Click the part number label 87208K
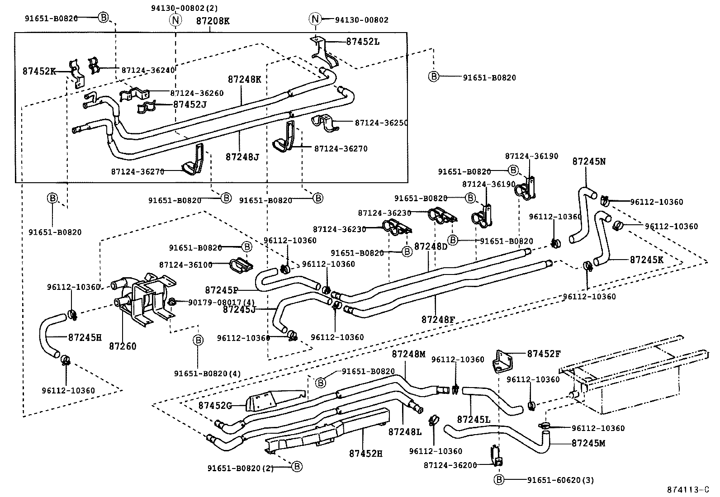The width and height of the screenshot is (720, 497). click(x=213, y=21)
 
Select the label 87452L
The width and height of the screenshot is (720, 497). click(x=363, y=42)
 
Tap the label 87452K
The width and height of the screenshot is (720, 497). click(x=39, y=71)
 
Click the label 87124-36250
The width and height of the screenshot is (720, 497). click(x=381, y=123)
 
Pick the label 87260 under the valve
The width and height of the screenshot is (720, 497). click(x=123, y=346)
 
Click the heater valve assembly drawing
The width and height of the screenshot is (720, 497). click(x=142, y=298)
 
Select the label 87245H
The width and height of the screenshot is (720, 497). click(x=85, y=337)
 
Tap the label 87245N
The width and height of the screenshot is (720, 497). click(x=589, y=161)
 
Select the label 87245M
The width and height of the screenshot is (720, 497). click(x=588, y=443)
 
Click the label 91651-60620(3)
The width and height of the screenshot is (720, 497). click(x=560, y=480)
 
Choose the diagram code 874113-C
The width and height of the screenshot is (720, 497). click(x=688, y=490)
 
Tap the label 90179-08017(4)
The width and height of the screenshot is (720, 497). click(x=216, y=303)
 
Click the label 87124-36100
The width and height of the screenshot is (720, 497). click(x=185, y=265)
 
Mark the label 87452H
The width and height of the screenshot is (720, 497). click(x=365, y=453)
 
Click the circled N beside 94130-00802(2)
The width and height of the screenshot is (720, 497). click(x=175, y=20)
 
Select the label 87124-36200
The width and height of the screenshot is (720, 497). click(x=450, y=465)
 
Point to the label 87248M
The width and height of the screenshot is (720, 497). click(x=408, y=354)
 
